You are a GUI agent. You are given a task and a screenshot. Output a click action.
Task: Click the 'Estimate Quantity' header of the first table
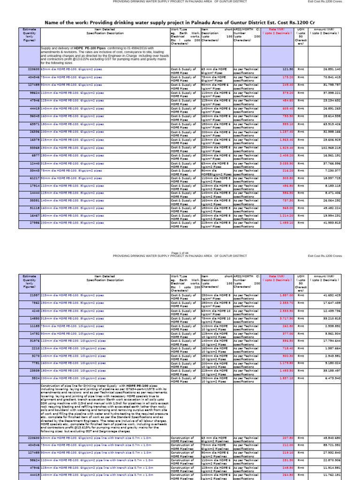29,33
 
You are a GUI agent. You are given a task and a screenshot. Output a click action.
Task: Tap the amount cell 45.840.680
331,437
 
